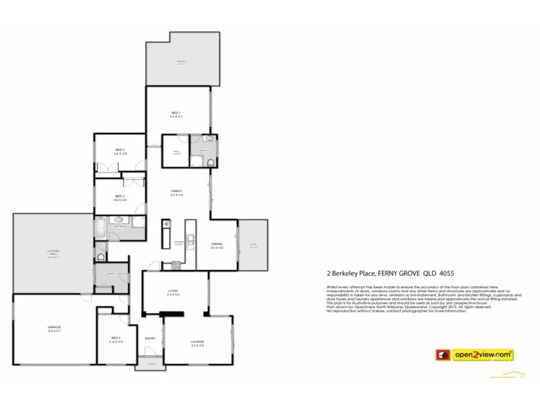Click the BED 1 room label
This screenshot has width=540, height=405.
(177, 112)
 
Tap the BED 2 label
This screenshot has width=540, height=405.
(120, 150)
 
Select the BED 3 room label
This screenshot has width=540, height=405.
(119, 196)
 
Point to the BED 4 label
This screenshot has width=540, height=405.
(116, 337)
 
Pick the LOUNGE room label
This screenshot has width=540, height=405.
(197, 342)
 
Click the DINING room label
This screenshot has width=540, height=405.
(217, 244)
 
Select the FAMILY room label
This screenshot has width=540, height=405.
(177, 192)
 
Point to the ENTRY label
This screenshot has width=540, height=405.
(150, 338)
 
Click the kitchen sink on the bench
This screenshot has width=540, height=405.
(190, 238)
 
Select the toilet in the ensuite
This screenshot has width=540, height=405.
(211, 163)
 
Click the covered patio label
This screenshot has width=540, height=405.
(53, 254)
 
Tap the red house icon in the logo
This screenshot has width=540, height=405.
(443, 354)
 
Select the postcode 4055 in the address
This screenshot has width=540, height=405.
(446, 274)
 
